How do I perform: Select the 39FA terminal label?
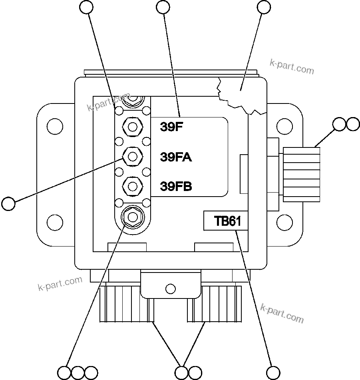click(x=176, y=157)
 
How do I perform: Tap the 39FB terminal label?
click(x=176, y=186)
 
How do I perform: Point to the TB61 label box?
click(x=226, y=221)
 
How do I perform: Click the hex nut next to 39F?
click(x=132, y=127)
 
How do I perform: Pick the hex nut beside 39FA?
click(x=132, y=156)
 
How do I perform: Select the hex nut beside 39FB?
click(x=132, y=185)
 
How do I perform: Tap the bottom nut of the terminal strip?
click(x=132, y=216)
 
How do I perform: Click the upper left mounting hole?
click(x=54, y=126)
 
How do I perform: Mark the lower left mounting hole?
click(x=54, y=221)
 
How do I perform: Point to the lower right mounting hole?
click(x=284, y=221)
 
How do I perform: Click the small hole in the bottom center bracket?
click(x=170, y=288)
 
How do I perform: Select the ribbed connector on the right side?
click(x=302, y=174)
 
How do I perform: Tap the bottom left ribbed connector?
click(x=126, y=304)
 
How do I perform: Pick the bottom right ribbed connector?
click(x=216, y=304)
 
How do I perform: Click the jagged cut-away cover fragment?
click(x=240, y=94)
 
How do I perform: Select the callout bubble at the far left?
click(x=8, y=203)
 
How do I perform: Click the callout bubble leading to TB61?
click(x=274, y=372)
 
